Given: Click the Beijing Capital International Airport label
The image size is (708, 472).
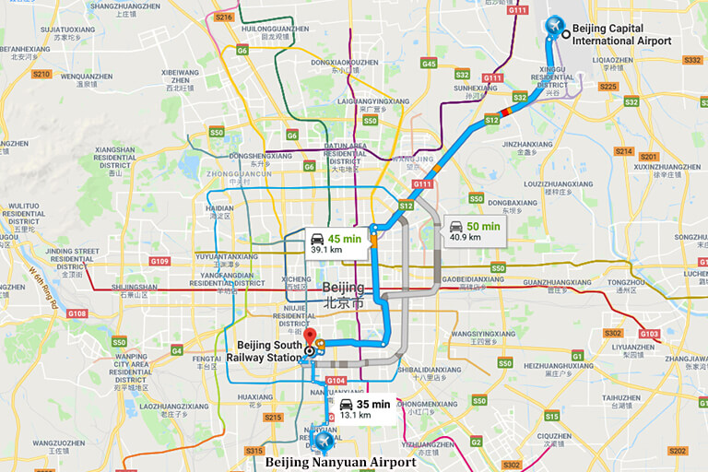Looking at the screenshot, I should (x=620, y=34).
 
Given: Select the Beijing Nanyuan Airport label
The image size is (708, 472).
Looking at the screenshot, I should (x=340, y=462).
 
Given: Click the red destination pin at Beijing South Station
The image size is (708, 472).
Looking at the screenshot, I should (x=310, y=337).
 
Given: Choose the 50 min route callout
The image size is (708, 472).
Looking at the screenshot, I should (x=474, y=230).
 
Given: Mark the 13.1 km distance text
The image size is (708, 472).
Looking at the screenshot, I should (x=355, y=415).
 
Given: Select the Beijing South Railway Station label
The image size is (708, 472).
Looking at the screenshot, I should (x=265, y=351).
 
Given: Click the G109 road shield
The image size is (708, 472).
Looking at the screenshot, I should (x=159, y=261).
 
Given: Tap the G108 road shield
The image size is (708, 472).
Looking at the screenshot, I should (x=77, y=313).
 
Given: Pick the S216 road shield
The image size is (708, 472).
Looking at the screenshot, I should (x=222, y=17).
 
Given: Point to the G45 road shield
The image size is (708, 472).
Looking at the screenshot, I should (x=429, y=63).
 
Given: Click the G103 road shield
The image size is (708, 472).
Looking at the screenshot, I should (x=649, y=334).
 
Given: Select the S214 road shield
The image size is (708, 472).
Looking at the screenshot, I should (x=623, y=151).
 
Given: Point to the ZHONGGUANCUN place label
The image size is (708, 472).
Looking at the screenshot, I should (x=239, y=173).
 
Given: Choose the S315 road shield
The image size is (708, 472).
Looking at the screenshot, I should (x=254, y=450).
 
